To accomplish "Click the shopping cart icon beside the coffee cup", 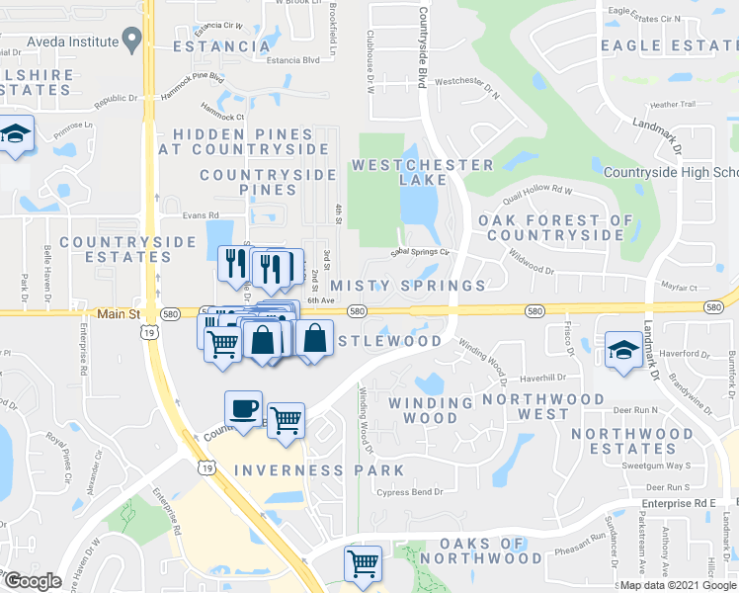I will tap(286, 420).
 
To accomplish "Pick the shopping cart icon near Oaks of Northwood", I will tap(363, 563).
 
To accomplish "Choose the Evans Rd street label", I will tap(201, 214).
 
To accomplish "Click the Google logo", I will tap(33, 581).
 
